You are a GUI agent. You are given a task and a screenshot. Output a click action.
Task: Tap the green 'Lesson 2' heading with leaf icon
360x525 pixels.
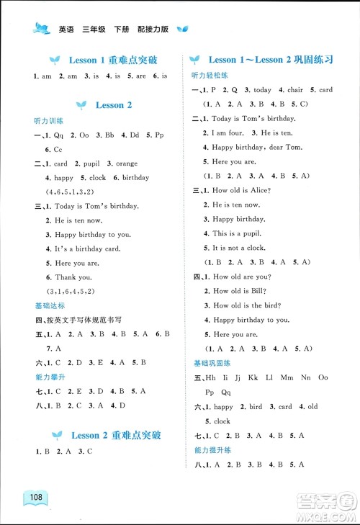pyautogui.click(x=109, y=105)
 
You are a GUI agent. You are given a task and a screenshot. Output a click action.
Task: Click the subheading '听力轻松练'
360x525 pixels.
pyautogui.click(x=210, y=76)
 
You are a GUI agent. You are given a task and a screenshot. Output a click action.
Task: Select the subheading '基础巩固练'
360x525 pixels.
pyautogui.click(x=210, y=362)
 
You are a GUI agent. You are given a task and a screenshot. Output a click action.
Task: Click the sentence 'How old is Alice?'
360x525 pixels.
pyautogui.click(x=241, y=190)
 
